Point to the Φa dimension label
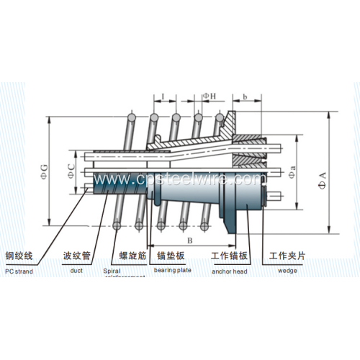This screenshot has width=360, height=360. (x=292, y=174)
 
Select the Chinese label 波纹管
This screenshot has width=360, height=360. (x=76, y=256)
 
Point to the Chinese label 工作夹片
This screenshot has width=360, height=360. (x=289, y=256)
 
